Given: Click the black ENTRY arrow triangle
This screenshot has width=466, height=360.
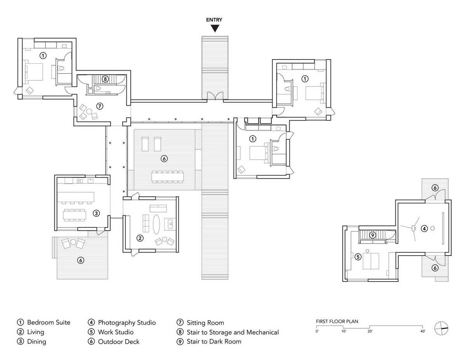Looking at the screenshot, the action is pos(215,28).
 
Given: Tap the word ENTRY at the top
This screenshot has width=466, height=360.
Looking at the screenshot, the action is pos(214,20).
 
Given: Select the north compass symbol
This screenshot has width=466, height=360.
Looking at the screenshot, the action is pos(441,328).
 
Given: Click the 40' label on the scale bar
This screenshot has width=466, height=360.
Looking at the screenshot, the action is pos(423,331).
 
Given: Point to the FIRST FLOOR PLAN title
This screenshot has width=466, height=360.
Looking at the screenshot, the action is pos(337,322).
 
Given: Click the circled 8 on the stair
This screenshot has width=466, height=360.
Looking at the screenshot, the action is pos(105,79).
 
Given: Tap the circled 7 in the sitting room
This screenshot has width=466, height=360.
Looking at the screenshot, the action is pos(100,106).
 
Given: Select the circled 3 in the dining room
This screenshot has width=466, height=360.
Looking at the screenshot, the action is pos(96,213).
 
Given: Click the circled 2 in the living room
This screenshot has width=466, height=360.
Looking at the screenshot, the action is pos(140,238).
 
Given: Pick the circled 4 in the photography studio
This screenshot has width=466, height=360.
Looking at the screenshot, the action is pos(424,229).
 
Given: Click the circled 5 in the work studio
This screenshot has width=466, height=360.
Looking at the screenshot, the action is pos(358,257).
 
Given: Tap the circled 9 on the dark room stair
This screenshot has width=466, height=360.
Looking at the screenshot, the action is pos(373,235).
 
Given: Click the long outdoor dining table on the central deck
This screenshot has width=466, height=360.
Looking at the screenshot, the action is pos(167,177).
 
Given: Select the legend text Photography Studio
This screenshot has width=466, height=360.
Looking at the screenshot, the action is pos(127,322).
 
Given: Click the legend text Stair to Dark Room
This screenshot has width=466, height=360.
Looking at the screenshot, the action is pos(214,341).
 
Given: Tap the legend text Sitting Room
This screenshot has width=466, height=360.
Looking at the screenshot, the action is pos(205,323).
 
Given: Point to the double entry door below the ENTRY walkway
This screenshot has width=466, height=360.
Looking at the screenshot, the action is pos(215,96).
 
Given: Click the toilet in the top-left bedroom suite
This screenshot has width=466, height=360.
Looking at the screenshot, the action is pos(62,68).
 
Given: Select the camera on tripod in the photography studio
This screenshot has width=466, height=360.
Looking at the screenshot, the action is pos(414,229).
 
